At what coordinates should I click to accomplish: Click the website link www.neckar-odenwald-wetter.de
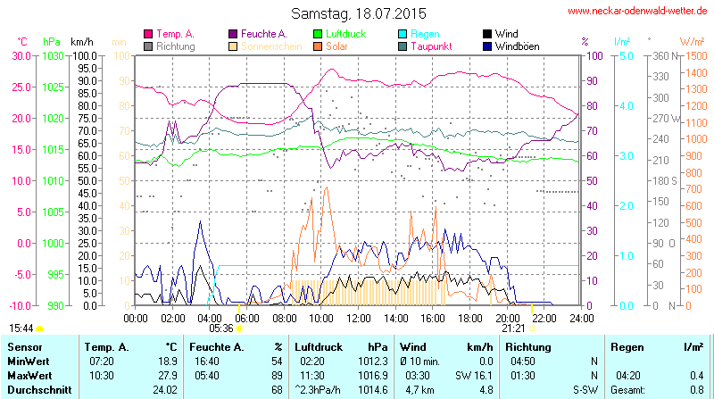[x=637, y=12]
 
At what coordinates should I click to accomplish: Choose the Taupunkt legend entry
[x=430, y=46]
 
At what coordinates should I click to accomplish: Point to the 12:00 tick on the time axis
[x=359, y=318]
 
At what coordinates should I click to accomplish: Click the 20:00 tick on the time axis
[x=507, y=318]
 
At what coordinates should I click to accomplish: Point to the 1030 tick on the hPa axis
[x=53, y=55]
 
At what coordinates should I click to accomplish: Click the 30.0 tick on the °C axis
[x=21, y=55]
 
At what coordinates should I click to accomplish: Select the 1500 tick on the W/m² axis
[x=693, y=55]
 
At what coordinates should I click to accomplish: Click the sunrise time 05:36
[x=220, y=328]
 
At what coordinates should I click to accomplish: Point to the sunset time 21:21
[x=513, y=328]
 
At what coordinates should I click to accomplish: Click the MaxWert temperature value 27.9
[x=165, y=376]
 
